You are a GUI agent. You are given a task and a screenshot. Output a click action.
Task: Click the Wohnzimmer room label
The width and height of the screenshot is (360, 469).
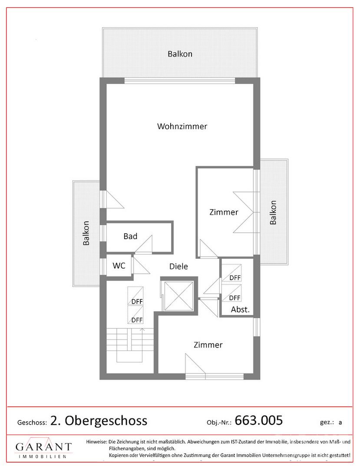pyautogui.click(x=182, y=126)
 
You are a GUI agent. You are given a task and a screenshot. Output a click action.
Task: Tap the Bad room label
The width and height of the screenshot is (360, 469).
pyautogui.click(x=130, y=236)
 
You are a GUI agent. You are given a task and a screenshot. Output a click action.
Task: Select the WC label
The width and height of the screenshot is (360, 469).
pyautogui.click(x=119, y=266)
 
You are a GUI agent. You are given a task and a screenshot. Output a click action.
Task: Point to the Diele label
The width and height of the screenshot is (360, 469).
pyautogui.click(x=178, y=266)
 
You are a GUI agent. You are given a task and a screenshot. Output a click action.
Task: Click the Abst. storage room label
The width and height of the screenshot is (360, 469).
pyautogui.click(x=240, y=310)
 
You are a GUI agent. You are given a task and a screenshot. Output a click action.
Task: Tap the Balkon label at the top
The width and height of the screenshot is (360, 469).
pyautogui.click(x=180, y=54)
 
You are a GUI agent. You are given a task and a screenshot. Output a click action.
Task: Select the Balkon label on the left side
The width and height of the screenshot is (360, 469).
pyautogui.click(x=86, y=233)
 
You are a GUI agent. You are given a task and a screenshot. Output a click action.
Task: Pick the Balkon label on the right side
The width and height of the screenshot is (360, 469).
pyautogui.click(x=273, y=213)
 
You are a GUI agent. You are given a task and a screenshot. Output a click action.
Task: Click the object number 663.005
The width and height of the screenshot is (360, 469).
pyautogui.click(x=259, y=420)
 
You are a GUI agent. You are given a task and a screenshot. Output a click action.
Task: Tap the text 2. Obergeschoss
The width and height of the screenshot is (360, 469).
pyautogui.click(x=99, y=420)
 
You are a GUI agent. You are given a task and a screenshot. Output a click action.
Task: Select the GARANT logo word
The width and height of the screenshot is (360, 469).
pyautogui.click(x=44, y=447)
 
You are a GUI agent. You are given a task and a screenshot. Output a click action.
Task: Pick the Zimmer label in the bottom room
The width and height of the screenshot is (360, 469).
pyautogui.click(x=208, y=345)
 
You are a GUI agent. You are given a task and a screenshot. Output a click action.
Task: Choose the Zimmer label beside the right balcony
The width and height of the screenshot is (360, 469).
pyautogui.click(x=224, y=212)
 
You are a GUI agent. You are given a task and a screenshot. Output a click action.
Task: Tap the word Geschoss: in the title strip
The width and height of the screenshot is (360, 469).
pyautogui.click(x=32, y=423)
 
